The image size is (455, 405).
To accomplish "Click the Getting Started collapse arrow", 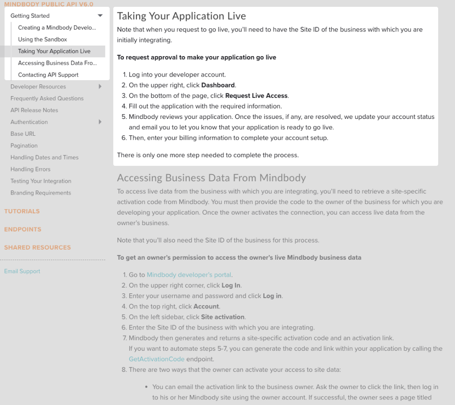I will [x=100, y=16].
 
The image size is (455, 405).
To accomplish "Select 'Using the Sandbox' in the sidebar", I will [x=42, y=40].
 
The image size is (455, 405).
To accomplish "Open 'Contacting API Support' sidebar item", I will [x=48, y=75].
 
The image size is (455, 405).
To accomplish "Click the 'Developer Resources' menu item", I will [x=38, y=87].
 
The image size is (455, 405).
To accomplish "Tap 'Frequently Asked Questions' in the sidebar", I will [x=47, y=98].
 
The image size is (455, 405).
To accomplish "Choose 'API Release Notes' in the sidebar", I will [x=34, y=110].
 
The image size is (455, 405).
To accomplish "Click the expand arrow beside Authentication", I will [x=100, y=122].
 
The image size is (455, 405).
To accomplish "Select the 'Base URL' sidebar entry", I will [x=23, y=134].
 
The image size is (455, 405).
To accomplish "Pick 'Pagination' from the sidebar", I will [x=24, y=146].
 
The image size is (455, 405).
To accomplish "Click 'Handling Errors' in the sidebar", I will [x=30, y=169].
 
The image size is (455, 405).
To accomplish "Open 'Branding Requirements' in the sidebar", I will [x=40, y=193].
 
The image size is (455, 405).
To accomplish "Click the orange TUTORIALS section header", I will [x=22, y=211].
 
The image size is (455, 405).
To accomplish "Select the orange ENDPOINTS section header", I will [x=23, y=230].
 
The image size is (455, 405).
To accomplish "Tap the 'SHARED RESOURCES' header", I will [x=37, y=248].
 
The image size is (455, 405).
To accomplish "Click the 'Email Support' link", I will [x=22, y=272].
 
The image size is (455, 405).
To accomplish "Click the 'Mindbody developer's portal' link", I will [x=189, y=275].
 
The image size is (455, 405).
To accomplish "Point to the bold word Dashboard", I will [x=218, y=85].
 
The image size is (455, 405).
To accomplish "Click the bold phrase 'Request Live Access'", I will [x=256, y=96].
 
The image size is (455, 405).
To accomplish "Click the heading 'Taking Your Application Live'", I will [x=181, y=16].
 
